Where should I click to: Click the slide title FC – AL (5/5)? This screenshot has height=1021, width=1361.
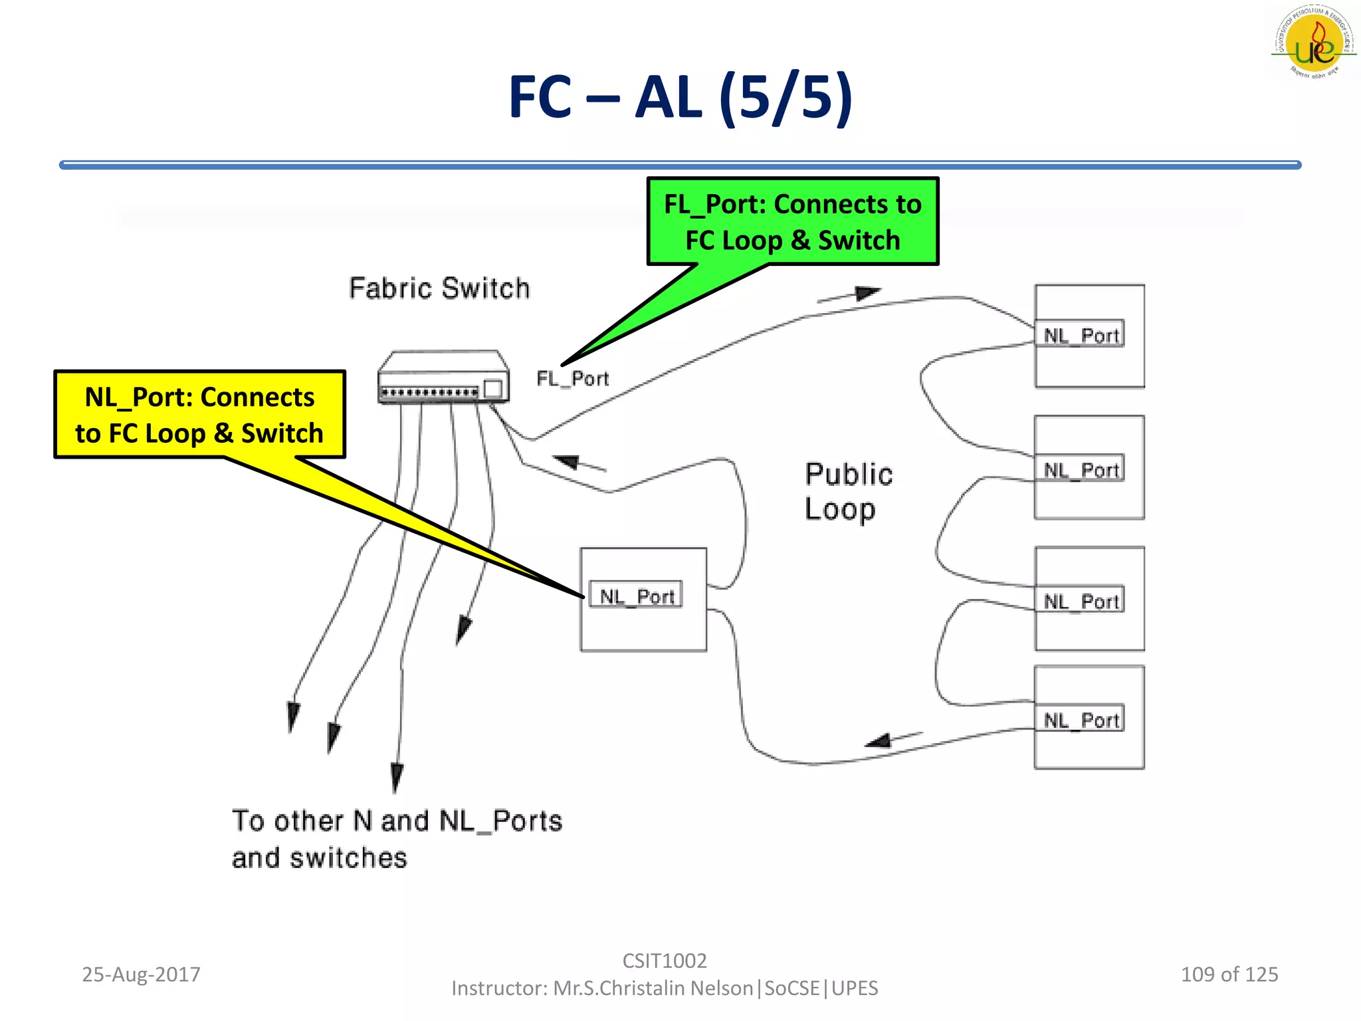[680, 97]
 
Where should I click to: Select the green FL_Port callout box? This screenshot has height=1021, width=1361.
[792, 221]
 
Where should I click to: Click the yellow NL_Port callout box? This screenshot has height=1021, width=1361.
[199, 415]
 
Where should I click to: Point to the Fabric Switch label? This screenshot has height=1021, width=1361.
[439, 288]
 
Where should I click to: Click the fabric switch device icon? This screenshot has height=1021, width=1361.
[443, 378]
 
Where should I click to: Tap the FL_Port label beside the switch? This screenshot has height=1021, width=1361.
[572, 379]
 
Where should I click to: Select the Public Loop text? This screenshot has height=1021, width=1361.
[848, 492]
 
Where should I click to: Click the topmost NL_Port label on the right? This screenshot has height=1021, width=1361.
[1082, 335]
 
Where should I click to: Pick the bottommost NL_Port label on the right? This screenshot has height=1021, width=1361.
[1082, 720]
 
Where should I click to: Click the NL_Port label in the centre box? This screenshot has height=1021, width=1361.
[637, 596]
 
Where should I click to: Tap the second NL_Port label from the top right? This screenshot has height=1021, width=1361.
[1082, 470]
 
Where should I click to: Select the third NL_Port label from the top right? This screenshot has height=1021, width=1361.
[1082, 602]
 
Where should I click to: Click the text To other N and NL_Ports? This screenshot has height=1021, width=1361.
[397, 821]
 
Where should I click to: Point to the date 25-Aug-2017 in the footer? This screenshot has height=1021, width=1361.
[141, 974]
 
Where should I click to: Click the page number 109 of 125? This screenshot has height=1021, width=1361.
[1229, 974]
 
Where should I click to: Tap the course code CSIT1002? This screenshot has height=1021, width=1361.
[664, 961]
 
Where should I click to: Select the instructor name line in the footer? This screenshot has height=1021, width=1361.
[664, 988]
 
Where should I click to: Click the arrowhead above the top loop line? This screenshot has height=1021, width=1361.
[867, 293]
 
